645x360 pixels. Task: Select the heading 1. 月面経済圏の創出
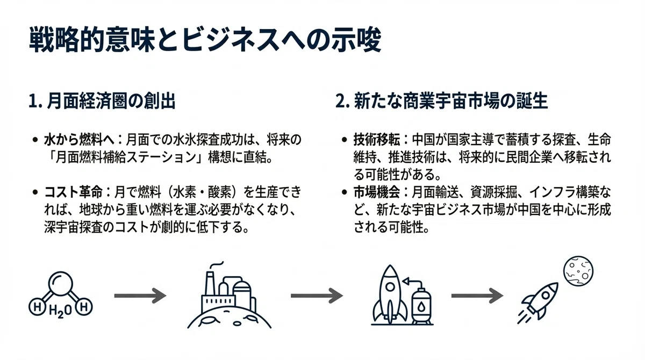point(102,101)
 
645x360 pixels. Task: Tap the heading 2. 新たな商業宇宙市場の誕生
point(442,101)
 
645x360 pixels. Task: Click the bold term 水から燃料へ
point(80,140)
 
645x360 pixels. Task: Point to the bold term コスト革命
point(74,192)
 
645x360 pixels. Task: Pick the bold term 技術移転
point(377,140)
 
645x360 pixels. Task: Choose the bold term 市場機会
point(377,192)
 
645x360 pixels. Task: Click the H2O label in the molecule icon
point(60,311)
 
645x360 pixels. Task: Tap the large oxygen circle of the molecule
point(60,284)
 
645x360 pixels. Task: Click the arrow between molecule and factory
point(140,296)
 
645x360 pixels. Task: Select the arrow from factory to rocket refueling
point(317,296)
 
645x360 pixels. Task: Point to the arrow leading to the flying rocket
point(477,296)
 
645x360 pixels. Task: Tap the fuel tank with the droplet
point(421,307)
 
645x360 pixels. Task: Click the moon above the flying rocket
point(578,271)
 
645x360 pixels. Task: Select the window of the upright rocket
point(390,287)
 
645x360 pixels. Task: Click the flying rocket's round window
point(545,296)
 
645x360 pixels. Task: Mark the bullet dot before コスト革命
point(35,192)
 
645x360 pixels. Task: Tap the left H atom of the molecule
point(37,307)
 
